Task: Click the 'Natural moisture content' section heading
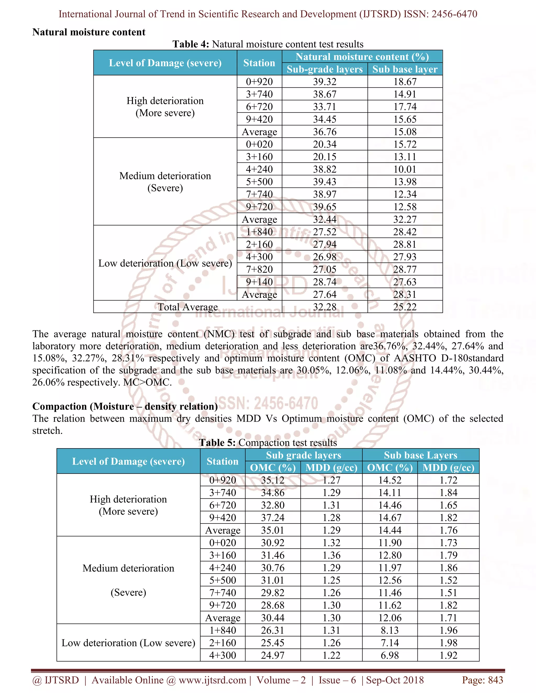[89, 32]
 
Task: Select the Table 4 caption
[268, 44]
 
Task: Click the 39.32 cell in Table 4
[325, 82]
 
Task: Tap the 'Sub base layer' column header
[405, 69]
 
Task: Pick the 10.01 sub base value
[405, 169]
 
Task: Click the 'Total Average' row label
[188, 307]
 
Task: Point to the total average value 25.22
[405, 307]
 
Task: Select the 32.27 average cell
[405, 219]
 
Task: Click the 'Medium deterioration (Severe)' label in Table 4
[165, 181]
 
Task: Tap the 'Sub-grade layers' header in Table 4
[325, 69]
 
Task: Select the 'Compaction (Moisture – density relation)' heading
[125, 406]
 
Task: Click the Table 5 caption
[268, 443]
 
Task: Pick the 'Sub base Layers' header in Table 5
[420, 455]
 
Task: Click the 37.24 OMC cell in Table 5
[272, 518]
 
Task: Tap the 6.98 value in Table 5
[390, 655]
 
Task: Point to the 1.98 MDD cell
[448, 643]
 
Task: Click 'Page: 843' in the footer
[482, 680]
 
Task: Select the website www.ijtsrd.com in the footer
[212, 680]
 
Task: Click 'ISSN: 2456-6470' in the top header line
[440, 14]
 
